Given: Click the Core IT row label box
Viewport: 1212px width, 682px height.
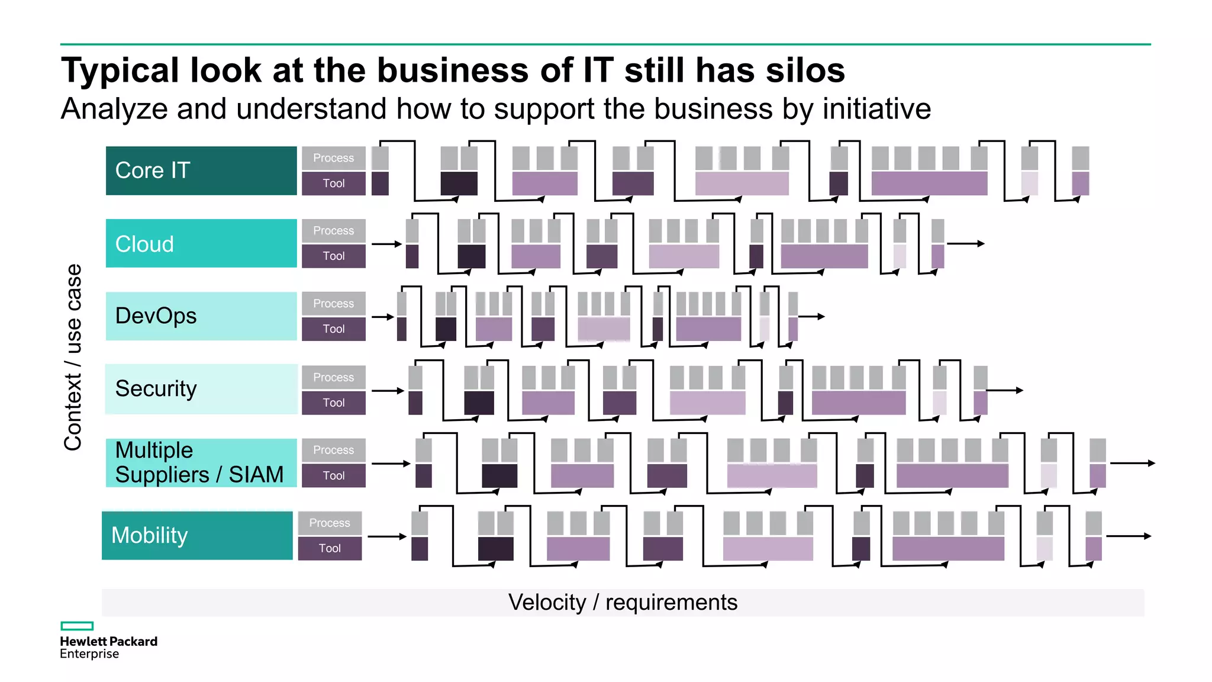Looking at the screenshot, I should pyautogui.click(x=201, y=170).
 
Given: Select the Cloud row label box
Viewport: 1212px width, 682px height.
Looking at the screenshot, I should pyautogui.click(x=201, y=243).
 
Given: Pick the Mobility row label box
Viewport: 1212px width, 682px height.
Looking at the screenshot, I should pyautogui.click(x=197, y=535).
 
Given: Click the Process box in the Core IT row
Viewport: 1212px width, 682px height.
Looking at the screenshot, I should pyautogui.click(x=333, y=158).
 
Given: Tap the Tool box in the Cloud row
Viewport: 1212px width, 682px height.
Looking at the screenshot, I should pyautogui.click(x=333, y=256).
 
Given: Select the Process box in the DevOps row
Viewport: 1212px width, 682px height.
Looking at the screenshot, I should pyautogui.click(x=333, y=304).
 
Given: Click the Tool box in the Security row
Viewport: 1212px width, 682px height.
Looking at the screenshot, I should pyautogui.click(x=333, y=403).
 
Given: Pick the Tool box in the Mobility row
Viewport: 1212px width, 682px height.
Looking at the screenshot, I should pyautogui.click(x=330, y=548).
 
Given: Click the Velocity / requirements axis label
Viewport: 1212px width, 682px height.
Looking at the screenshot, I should pyautogui.click(x=623, y=602).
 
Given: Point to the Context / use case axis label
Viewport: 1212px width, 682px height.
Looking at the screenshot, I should pyautogui.click(x=73, y=357).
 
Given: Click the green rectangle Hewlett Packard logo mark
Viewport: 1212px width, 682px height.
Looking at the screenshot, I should pyautogui.click(x=77, y=626).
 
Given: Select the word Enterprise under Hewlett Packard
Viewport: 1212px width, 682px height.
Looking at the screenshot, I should pyautogui.click(x=89, y=654).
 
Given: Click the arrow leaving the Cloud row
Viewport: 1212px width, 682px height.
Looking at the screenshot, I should pyautogui.click(x=966, y=243).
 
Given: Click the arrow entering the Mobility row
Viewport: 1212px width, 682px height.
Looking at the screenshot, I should pyautogui.click(x=387, y=536).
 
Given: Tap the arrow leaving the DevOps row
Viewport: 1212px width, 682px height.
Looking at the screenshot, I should pyautogui.click(x=812, y=317).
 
